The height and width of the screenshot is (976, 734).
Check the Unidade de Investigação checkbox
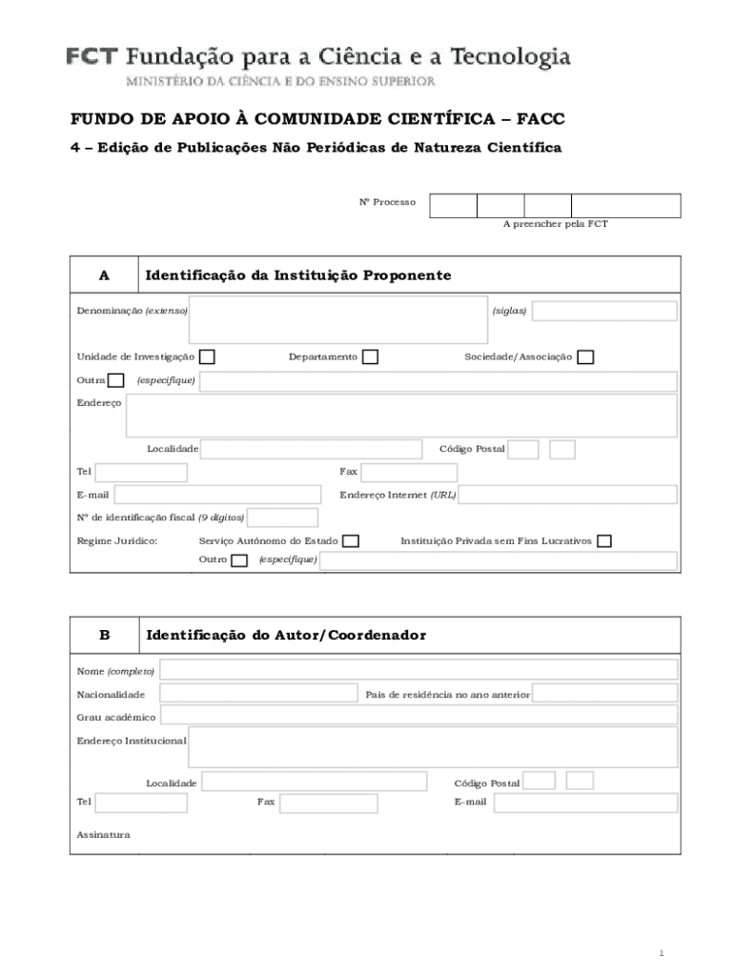[207, 356]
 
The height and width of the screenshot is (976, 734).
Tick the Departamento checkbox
[370, 356]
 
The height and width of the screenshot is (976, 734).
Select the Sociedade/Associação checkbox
[585, 356]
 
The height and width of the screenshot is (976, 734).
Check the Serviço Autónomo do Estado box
[351, 541]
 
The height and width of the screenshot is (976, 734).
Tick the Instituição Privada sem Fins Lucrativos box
[603, 541]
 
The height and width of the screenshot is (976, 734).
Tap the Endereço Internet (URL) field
[568, 495]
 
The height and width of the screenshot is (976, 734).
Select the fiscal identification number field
[282, 518]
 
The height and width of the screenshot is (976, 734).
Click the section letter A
[104, 275]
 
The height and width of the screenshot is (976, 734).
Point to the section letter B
[104, 635]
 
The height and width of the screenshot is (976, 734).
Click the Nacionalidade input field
[258, 693]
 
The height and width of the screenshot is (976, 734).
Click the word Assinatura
[103, 835]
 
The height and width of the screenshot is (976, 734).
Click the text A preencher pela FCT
[555, 224]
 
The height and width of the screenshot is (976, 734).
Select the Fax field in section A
[409, 473]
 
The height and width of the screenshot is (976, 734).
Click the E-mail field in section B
[585, 803]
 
